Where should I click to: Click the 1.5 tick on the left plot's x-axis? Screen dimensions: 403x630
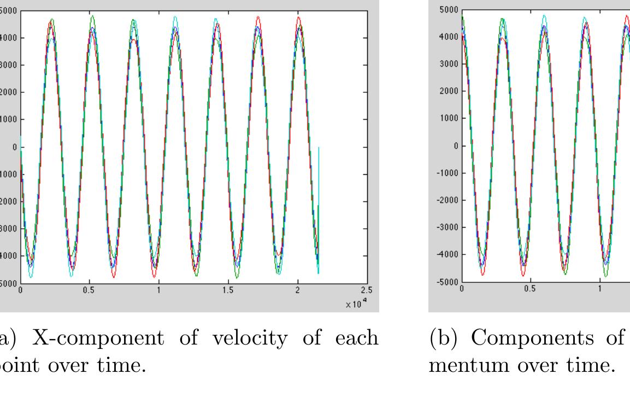click(228, 291)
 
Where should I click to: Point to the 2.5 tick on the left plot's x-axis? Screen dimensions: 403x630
click(366, 291)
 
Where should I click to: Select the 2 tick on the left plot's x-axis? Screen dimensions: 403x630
click(297, 291)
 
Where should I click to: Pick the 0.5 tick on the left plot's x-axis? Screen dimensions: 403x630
click(89, 291)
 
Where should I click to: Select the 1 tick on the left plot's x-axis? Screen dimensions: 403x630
click(158, 291)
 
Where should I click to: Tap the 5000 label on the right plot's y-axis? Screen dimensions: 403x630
click(448, 10)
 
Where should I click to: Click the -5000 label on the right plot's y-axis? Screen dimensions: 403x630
click(446, 282)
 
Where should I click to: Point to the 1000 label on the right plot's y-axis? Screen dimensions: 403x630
click(448, 118)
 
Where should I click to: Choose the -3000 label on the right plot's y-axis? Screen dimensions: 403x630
click(446, 227)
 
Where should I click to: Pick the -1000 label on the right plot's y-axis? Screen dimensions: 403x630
click(446, 173)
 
